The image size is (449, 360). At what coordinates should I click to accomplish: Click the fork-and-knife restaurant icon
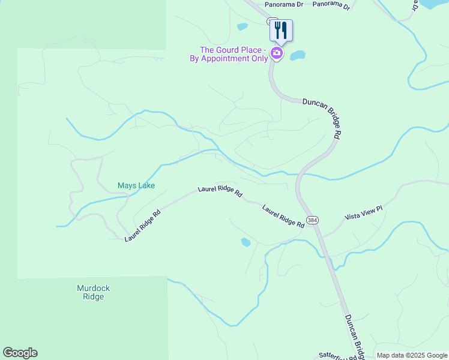tap(280, 30)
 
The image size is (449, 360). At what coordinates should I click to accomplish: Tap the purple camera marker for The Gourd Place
tap(277, 53)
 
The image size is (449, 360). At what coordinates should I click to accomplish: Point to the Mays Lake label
tap(136, 185)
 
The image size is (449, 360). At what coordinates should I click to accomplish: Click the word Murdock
tap(93, 288)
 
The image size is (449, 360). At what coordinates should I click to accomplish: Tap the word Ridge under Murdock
tap(93, 296)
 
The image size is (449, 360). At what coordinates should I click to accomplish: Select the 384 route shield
tap(312, 220)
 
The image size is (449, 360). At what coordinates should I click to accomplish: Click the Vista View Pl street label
tap(363, 213)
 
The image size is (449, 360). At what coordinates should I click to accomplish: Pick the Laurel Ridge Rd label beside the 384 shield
tap(283, 216)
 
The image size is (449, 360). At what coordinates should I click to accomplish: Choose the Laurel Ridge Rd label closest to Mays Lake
tap(142, 226)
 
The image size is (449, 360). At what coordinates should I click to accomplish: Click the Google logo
tap(20, 353)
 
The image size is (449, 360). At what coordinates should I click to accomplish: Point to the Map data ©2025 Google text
tap(412, 355)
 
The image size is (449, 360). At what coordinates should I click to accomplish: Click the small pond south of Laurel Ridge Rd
tap(246, 242)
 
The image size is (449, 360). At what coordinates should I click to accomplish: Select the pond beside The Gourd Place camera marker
tap(298, 56)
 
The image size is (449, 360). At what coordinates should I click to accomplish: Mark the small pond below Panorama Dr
tap(243, 26)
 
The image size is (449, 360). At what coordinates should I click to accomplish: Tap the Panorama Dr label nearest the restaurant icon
tap(284, 4)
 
